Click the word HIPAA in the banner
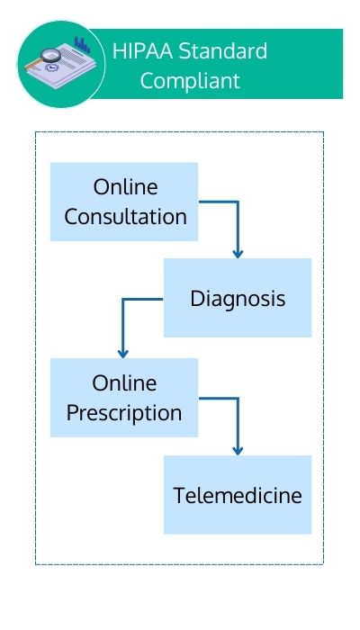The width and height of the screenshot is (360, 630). (142, 51)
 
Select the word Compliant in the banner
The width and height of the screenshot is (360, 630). (190, 81)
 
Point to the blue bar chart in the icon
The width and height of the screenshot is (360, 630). (82, 45)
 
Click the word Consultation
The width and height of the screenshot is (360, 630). (125, 217)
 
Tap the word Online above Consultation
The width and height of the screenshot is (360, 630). (125, 187)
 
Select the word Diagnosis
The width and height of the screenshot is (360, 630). (238, 300)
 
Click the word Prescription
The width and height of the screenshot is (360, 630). (124, 413)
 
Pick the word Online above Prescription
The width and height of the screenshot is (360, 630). (124, 383)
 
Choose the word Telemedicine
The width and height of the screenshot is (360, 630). (238, 495)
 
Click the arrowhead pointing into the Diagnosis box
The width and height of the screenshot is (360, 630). (238, 254)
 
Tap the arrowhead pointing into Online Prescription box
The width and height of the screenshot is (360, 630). (123, 354)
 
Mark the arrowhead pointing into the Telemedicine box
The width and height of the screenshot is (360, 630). (238, 451)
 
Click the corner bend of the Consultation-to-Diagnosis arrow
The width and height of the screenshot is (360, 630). (238, 202)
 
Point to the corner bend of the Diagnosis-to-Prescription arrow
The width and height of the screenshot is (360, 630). (123, 300)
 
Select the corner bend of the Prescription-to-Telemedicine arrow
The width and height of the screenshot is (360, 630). (238, 399)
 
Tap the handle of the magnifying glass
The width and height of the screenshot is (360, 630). (33, 64)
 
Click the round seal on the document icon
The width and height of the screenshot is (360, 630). (51, 67)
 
